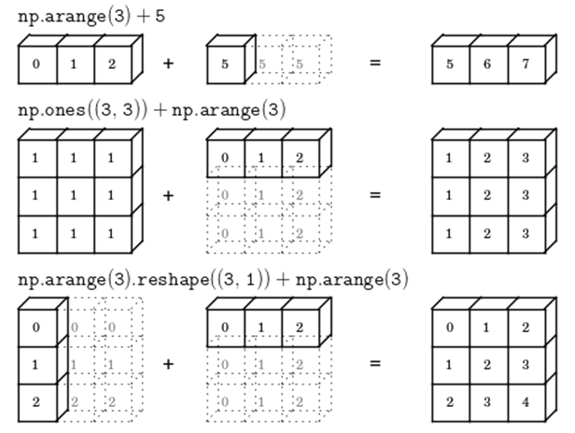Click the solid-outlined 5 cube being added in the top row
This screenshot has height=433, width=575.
(x=224, y=65)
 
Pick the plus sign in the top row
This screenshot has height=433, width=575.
(x=168, y=64)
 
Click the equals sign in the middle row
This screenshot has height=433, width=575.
(x=376, y=196)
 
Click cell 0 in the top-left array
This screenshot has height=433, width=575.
(x=36, y=65)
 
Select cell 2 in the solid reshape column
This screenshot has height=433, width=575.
(x=36, y=402)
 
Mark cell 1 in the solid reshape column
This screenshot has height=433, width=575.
(x=36, y=365)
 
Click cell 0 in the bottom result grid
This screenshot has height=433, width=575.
(x=450, y=328)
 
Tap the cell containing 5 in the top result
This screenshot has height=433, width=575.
(x=450, y=65)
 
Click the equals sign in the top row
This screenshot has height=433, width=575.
(x=376, y=64)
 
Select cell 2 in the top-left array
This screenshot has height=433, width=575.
(x=113, y=65)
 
